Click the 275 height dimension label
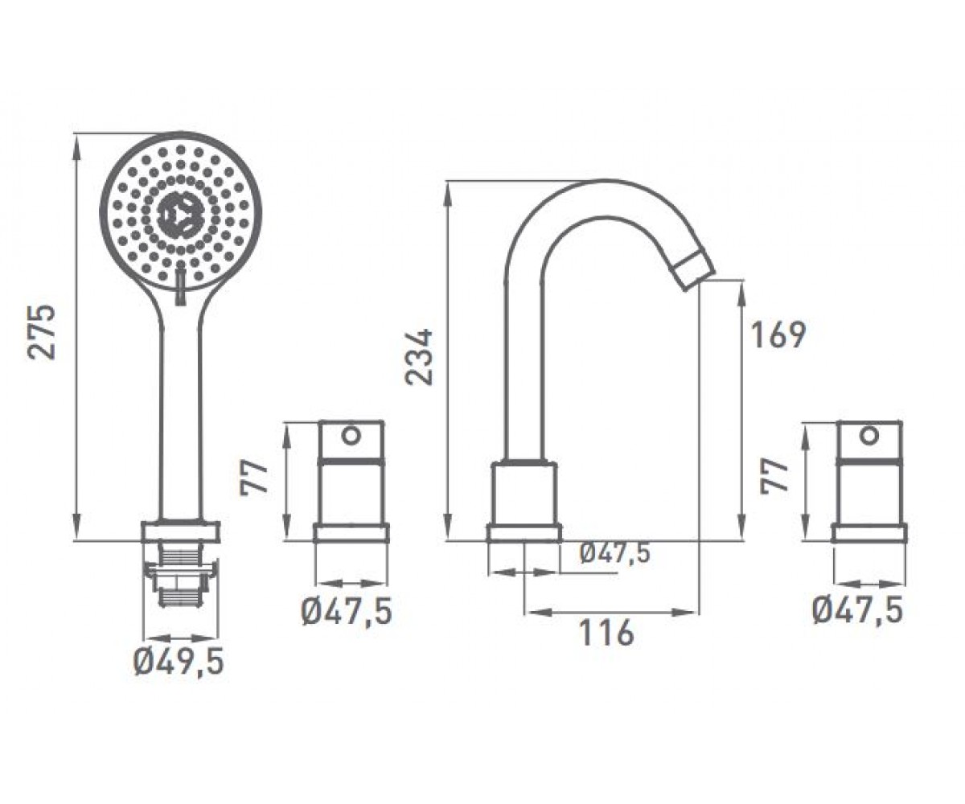(x=42, y=332)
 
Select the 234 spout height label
(x=418, y=357)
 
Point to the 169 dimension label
(x=778, y=336)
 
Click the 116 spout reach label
(x=606, y=634)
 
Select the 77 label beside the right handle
(x=774, y=476)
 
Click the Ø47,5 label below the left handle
(x=347, y=612)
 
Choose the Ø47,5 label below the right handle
(x=858, y=611)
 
